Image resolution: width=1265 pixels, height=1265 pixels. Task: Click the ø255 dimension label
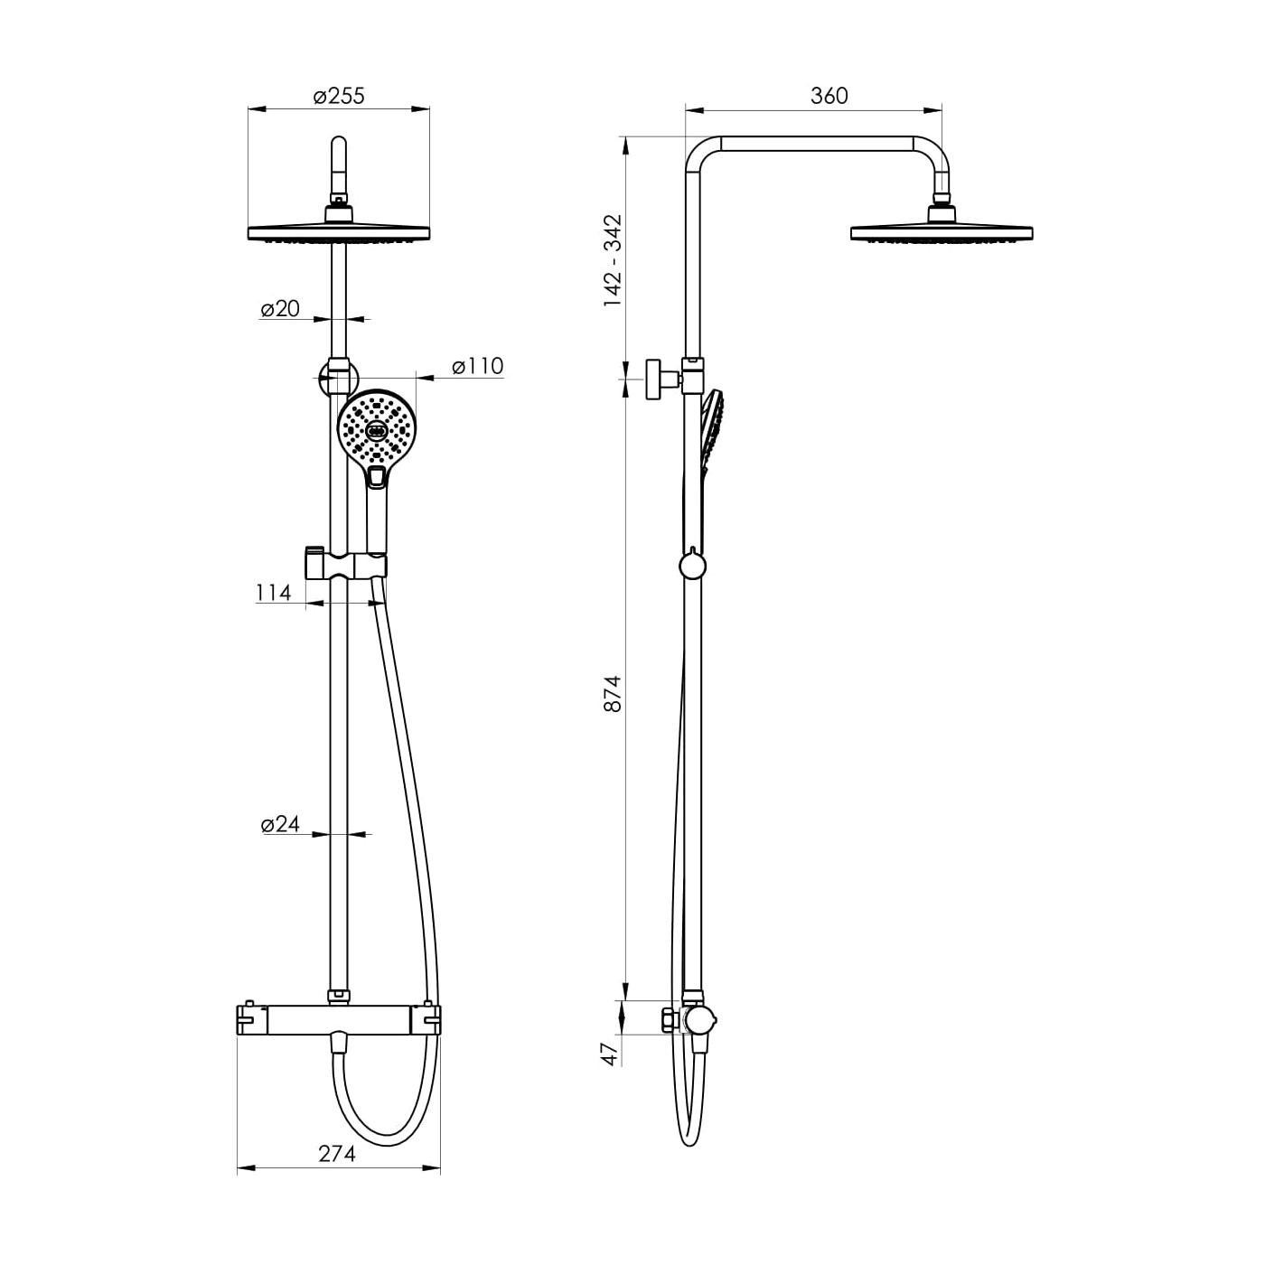click(339, 97)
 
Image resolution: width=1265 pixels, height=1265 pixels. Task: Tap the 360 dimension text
click(829, 96)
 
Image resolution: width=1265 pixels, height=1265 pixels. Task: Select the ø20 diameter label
click(280, 308)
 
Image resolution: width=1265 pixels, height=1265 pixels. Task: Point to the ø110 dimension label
click(478, 366)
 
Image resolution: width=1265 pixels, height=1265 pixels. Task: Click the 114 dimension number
click(273, 593)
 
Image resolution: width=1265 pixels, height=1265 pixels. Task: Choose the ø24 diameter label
click(280, 824)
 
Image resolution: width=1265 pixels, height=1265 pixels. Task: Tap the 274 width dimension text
click(337, 1153)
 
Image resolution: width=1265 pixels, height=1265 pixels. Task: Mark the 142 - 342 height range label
click(612, 260)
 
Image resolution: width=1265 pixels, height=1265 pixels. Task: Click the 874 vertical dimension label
click(612, 693)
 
